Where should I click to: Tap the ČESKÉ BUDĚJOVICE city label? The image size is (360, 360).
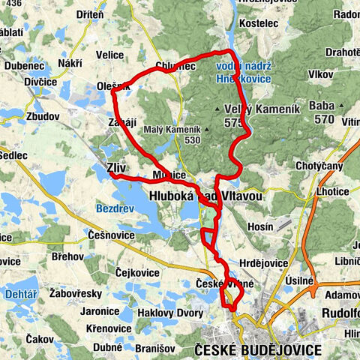(x=257, y=350)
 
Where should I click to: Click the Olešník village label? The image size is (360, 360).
(x=112, y=86)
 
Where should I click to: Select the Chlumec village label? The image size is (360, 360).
(x=175, y=67)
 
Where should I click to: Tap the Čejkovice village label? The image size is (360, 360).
(x=138, y=272)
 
